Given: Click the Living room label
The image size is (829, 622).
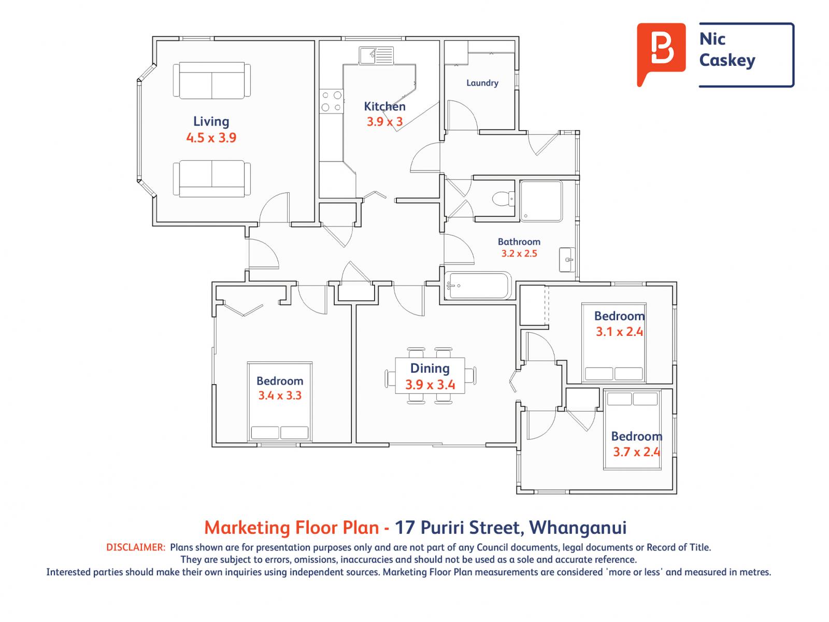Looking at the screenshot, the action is point(211,122).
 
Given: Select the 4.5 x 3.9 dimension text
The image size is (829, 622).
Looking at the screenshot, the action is point(211,137).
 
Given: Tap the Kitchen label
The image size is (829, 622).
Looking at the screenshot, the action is point(384,106).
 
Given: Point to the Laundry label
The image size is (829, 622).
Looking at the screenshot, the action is point(482,83).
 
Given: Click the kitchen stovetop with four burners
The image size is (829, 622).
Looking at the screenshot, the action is point(331,101).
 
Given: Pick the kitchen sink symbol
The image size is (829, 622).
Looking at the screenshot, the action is point(376,55).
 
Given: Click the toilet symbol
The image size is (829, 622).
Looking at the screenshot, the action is point(504,199).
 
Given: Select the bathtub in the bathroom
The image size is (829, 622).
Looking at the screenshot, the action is point(478,286).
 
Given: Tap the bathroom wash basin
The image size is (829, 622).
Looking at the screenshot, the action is point(567,260).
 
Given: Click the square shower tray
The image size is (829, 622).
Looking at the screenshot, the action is point(541,201).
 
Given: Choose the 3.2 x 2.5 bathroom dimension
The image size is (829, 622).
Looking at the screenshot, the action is point(519,253).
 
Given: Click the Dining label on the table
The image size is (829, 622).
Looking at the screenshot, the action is point(430,368).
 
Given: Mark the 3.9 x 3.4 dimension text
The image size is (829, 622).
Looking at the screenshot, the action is point(430,385).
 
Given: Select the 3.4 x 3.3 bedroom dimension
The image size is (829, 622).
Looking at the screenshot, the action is point(280,395).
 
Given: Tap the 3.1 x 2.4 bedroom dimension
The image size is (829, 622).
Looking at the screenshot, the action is point(619,332).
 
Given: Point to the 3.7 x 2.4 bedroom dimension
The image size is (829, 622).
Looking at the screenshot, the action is point(636,451).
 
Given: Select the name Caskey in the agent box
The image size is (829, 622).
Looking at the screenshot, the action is point(727,61).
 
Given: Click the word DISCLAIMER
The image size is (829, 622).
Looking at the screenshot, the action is point(136,547).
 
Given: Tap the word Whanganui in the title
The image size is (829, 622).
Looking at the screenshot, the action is point(578,528).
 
